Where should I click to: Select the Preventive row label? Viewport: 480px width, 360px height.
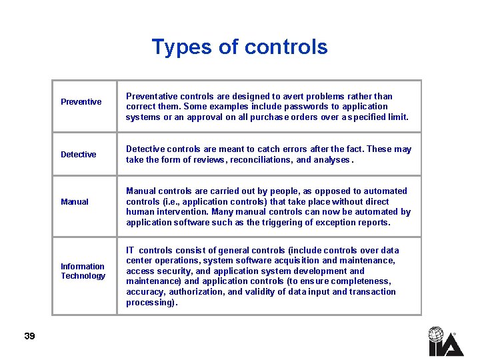pyautogui.click(x=81, y=102)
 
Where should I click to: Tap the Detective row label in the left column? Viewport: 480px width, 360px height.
pyautogui.click(x=79, y=155)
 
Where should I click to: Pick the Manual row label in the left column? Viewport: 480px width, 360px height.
pyautogui.click(x=75, y=202)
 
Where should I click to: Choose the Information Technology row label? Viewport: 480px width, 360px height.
pyautogui.click(x=83, y=271)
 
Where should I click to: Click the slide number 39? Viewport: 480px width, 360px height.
pyautogui.click(x=29, y=336)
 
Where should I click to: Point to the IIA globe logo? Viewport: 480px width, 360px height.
pyautogui.click(x=437, y=341)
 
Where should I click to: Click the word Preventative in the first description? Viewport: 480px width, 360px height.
pyautogui.click(x=152, y=96)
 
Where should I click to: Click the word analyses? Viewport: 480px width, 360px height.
pyautogui.click(x=331, y=160)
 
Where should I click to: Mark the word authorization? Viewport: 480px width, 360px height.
pyautogui.click(x=199, y=292)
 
